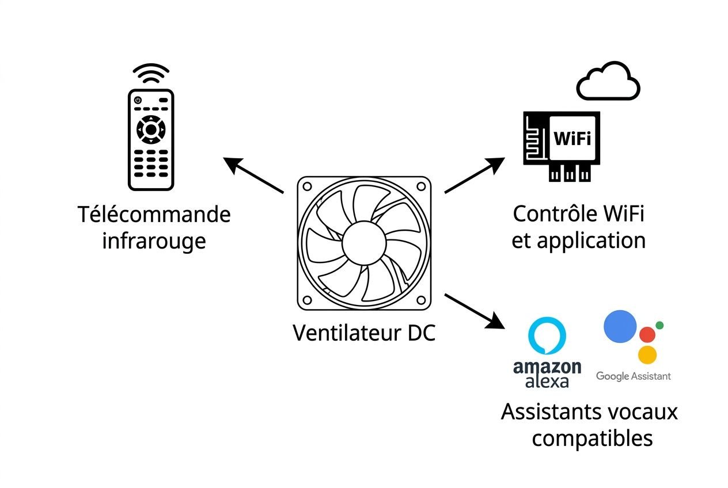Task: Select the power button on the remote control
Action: point(138,101)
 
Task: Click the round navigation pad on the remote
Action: point(150,129)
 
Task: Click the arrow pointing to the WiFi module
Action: point(473,175)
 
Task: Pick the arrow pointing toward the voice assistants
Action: point(473,311)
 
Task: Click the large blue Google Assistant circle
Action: point(620,326)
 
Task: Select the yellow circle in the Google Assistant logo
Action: point(648,354)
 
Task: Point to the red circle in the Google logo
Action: point(648,335)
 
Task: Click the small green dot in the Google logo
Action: point(659,325)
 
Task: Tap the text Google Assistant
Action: point(633,376)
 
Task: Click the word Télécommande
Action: point(154,215)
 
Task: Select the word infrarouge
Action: point(154,241)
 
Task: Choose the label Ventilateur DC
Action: point(363,333)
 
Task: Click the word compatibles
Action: point(592,439)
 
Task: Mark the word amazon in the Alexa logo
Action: point(547,367)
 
